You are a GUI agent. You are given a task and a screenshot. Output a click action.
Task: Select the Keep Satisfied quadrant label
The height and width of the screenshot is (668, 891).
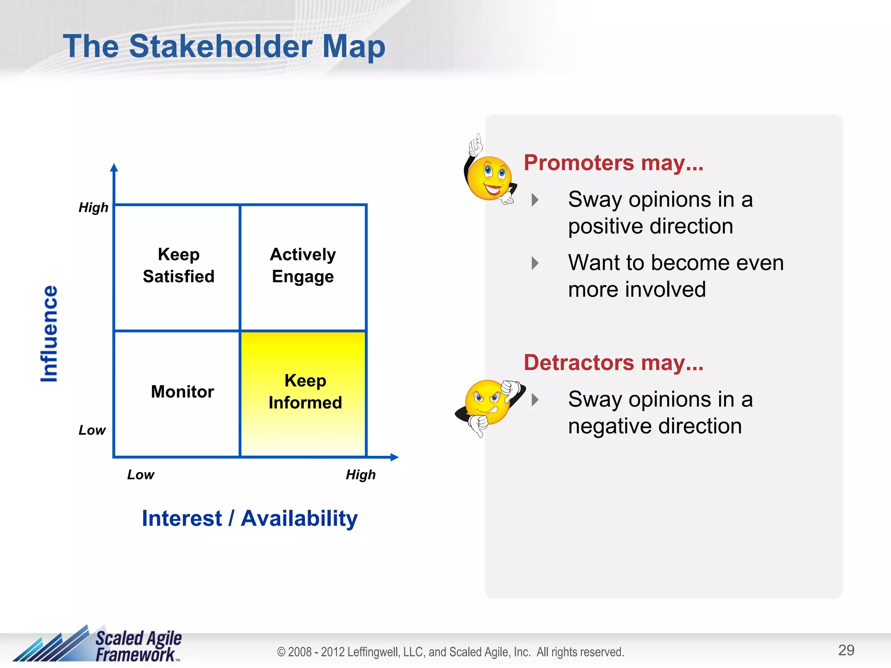point(178,265)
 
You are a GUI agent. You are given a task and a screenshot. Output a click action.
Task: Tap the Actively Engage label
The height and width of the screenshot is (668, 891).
point(303,265)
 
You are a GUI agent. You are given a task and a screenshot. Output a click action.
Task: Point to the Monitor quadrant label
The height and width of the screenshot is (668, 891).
point(182,391)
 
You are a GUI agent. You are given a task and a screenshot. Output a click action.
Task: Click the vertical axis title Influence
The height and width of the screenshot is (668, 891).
point(49,334)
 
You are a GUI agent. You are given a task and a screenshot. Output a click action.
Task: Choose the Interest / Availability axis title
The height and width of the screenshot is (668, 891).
point(250,518)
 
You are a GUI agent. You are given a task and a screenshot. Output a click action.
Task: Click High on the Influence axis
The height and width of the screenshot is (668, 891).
point(93,207)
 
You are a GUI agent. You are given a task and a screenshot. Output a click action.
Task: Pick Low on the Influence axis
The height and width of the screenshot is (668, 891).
point(92,430)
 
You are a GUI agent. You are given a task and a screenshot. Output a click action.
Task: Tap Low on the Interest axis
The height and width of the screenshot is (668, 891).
point(141,474)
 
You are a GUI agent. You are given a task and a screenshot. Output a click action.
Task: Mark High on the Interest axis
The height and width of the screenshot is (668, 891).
point(360,474)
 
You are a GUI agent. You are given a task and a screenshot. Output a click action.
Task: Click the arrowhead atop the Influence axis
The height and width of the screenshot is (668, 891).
point(114,168)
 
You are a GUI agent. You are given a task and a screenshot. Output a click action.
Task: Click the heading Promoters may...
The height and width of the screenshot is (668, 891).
point(613,163)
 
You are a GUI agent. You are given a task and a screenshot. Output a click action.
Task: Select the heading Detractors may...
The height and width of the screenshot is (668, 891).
point(613,363)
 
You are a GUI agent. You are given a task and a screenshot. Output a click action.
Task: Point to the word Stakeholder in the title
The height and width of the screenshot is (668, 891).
point(221,46)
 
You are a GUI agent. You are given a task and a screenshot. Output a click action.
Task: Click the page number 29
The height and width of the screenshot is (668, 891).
point(846,650)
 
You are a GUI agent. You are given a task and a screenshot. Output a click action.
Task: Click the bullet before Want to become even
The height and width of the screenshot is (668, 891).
point(535,263)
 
